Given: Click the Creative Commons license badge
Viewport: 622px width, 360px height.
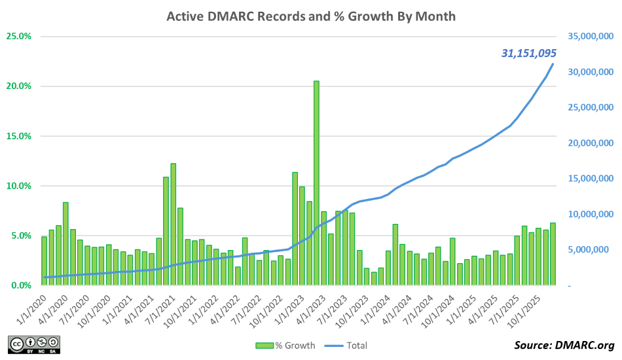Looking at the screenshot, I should pyautogui.click(x=34, y=344).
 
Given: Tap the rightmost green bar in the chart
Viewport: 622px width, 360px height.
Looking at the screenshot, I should pyautogui.click(x=553, y=254).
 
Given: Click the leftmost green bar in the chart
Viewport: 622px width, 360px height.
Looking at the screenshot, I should pyautogui.click(x=45, y=261).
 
